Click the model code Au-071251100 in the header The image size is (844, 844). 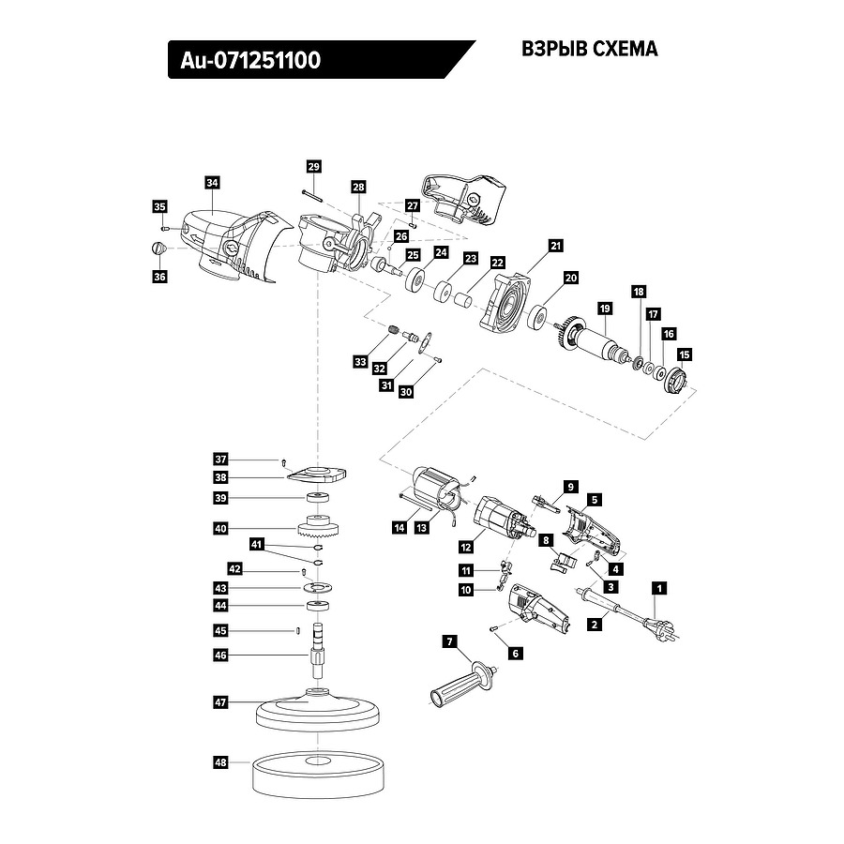(x=246, y=61)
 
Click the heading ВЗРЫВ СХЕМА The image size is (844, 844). (x=589, y=50)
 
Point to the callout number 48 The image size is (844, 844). (x=220, y=763)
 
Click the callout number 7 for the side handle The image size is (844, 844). (x=449, y=641)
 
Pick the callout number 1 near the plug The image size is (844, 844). (x=659, y=589)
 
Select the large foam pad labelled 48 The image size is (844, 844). (x=320, y=773)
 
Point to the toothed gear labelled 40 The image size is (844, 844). (x=318, y=529)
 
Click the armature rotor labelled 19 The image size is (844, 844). (x=597, y=340)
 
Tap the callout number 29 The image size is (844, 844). (x=313, y=166)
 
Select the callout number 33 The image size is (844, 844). (x=361, y=361)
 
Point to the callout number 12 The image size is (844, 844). (x=466, y=546)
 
